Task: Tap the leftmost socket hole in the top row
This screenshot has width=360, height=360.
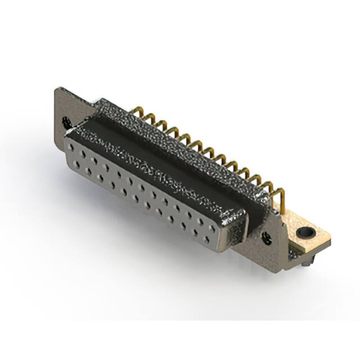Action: pyautogui.click(x=73, y=148)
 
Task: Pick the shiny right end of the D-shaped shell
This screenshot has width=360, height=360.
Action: pyautogui.click(x=233, y=228)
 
